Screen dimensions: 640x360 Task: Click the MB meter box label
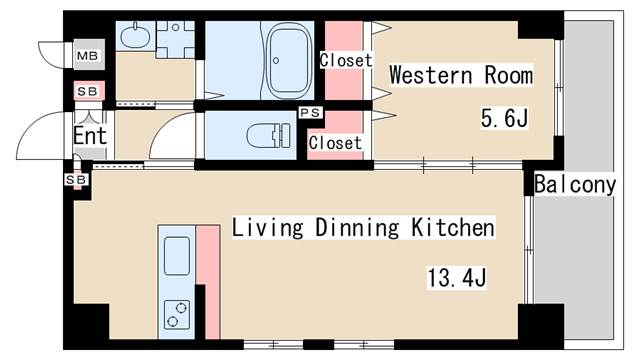[x=87, y=55]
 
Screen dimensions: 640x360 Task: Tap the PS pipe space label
[x=311, y=112]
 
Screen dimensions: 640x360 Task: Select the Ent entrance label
[x=90, y=136]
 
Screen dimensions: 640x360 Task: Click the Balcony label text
[x=575, y=184]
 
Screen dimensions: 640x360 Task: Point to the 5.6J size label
[x=504, y=118]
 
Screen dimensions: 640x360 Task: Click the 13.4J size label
[x=457, y=278]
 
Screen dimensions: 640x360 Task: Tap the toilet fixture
[x=269, y=136]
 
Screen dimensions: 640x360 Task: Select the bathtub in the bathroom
[x=289, y=60]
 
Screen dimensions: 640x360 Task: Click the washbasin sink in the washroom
[x=136, y=35]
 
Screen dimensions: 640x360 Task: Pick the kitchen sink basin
[x=177, y=256]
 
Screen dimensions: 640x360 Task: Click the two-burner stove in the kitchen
[x=177, y=315]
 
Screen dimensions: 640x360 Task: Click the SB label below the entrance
[x=76, y=180]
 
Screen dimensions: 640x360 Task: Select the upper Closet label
[x=346, y=60]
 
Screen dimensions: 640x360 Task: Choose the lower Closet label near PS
[x=335, y=143]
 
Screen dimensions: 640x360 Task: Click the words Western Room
[x=461, y=75]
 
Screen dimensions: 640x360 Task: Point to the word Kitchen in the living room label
[x=453, y=227]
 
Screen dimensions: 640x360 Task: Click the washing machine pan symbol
[x=176, y=40]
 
